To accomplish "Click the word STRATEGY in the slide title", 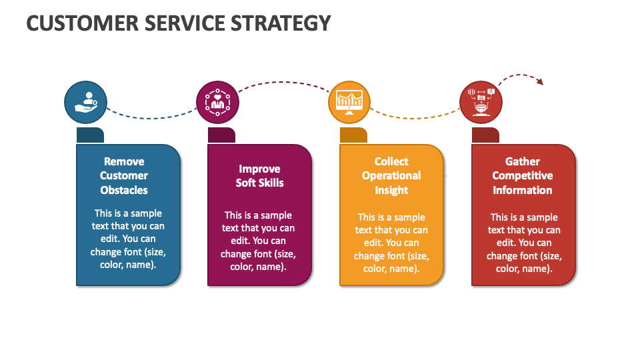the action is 281,23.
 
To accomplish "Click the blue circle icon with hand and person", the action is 86,102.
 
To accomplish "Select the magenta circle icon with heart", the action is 217,102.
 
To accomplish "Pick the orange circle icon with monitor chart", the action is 349,102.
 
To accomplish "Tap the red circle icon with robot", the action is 481,102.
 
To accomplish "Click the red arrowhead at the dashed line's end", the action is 540,81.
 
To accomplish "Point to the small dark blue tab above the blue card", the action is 90,135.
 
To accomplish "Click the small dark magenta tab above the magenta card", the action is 221,135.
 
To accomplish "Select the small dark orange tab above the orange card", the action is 353,135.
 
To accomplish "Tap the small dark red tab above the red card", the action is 485,135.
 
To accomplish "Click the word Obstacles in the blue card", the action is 124,190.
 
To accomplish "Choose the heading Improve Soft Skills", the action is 259,176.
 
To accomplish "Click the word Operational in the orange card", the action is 391,176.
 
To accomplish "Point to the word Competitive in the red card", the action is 523,176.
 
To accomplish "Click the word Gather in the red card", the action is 523,161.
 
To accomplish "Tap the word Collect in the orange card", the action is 391,161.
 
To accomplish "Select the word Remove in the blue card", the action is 124,161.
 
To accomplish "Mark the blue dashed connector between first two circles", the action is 151,118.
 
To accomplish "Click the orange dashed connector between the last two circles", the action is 414,118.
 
